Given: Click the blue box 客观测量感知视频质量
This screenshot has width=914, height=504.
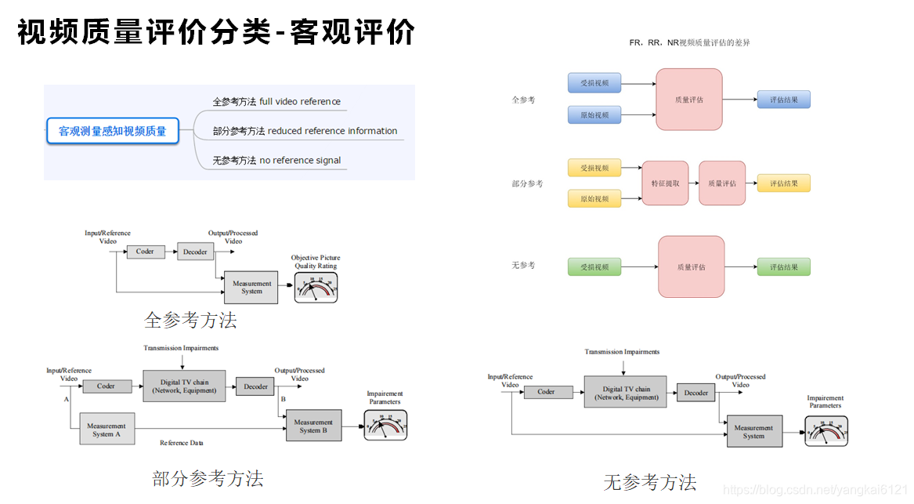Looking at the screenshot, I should tap(113, 131).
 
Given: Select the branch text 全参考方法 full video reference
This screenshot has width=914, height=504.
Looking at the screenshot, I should tap(276, 101).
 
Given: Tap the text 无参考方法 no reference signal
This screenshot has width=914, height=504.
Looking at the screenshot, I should tap(276, 160).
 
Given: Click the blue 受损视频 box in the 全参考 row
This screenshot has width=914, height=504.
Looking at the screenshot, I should tap(594, 83).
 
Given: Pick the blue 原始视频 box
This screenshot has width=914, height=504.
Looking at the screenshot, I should tap(594, 115).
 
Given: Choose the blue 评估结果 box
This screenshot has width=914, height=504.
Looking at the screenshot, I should tap(783, 100).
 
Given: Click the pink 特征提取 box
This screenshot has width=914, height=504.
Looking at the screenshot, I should tap(665, 183).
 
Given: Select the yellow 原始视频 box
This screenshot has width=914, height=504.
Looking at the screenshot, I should tap(594, 199).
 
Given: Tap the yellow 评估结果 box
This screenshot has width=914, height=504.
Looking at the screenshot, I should tap(783, 183).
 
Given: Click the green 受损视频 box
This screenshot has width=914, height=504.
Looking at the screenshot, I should tap(594, 267).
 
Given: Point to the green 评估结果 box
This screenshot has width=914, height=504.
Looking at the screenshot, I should tap(783, 267).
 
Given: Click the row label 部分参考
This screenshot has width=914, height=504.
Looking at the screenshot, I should tap(527, 183).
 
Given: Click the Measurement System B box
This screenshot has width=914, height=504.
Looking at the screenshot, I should tap(313, 426).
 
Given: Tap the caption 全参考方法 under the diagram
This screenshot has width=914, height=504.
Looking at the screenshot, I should tap(190, 320).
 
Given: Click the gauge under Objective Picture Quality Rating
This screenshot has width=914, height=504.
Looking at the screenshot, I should tap(316, 288).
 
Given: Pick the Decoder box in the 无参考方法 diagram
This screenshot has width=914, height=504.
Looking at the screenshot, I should tap(696, 393).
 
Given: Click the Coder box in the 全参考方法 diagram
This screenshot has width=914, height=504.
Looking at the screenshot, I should tap(145, 252).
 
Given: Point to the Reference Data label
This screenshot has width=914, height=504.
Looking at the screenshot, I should tap(181, 443).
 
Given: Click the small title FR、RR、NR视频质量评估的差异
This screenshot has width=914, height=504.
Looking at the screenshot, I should tap(689, 42).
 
